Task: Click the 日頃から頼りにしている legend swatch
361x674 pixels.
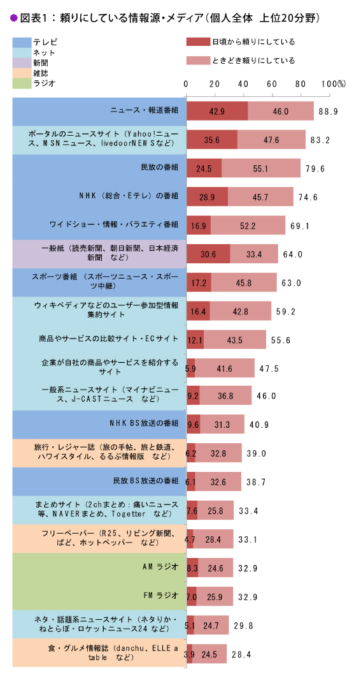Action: [207, 42]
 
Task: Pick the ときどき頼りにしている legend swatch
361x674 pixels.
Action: [207, 61]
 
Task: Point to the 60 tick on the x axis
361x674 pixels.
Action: [272, 84]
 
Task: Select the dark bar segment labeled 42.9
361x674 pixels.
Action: [217, 111]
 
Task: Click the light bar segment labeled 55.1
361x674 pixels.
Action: [261, 168]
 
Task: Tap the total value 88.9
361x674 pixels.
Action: [328, 111]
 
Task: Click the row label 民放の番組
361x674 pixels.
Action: [159, 168]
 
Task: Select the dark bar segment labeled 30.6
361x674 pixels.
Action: [208, 254]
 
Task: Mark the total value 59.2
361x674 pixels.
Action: [285, 311]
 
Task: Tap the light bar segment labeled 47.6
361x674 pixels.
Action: [271, 140]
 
